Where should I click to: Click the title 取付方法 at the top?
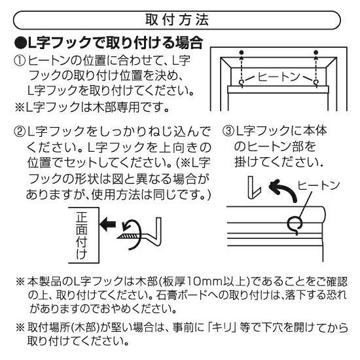point(177,20)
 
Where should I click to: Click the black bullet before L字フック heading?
point(20,43)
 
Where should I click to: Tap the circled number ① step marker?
point(20,61)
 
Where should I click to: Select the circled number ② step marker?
point(20,132)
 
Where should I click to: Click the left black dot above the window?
point(241,52)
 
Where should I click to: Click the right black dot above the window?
point(316,52)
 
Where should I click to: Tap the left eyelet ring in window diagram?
point(242,82)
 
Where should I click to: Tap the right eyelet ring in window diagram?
point(316,82)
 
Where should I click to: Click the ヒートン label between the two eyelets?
point(278,77)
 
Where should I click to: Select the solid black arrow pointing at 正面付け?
point(108,223)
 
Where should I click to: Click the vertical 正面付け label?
point(82,236)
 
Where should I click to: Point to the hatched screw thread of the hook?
point(128,236)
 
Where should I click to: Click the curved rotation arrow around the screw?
point(138,234)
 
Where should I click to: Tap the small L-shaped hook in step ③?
point(254,188)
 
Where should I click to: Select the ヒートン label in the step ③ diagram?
point(319,186)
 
